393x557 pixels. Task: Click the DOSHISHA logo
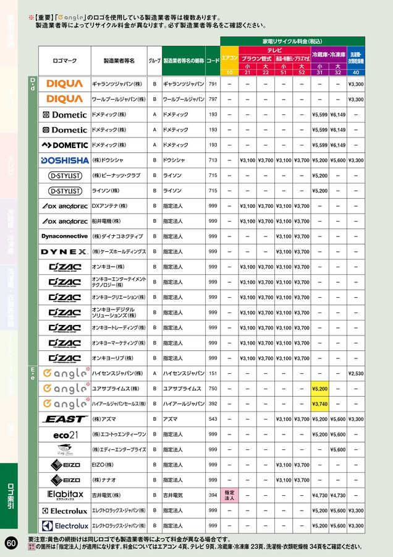pos(64,160)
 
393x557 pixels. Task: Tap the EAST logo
pos(64,419)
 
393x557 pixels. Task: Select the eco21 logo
pos(64,434)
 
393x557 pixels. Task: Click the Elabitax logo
pos(64,495)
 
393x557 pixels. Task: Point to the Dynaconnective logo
pos(64,236)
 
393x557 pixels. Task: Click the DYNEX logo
pos(64,252)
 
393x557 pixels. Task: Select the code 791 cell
pos(213,84)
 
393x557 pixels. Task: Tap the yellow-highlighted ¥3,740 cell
pos(319,404)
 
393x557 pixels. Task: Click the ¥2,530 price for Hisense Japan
pos(356,374)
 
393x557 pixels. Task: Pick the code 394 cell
pos(213,495)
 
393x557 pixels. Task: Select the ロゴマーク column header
pos(64,61)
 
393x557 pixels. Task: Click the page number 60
pos(11,543)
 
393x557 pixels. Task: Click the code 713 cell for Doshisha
pos(213,160)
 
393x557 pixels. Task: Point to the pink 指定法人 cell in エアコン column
pos(229,495)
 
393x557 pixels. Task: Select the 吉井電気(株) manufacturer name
pos(107,495)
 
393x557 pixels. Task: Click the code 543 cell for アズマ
pos(213,419)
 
